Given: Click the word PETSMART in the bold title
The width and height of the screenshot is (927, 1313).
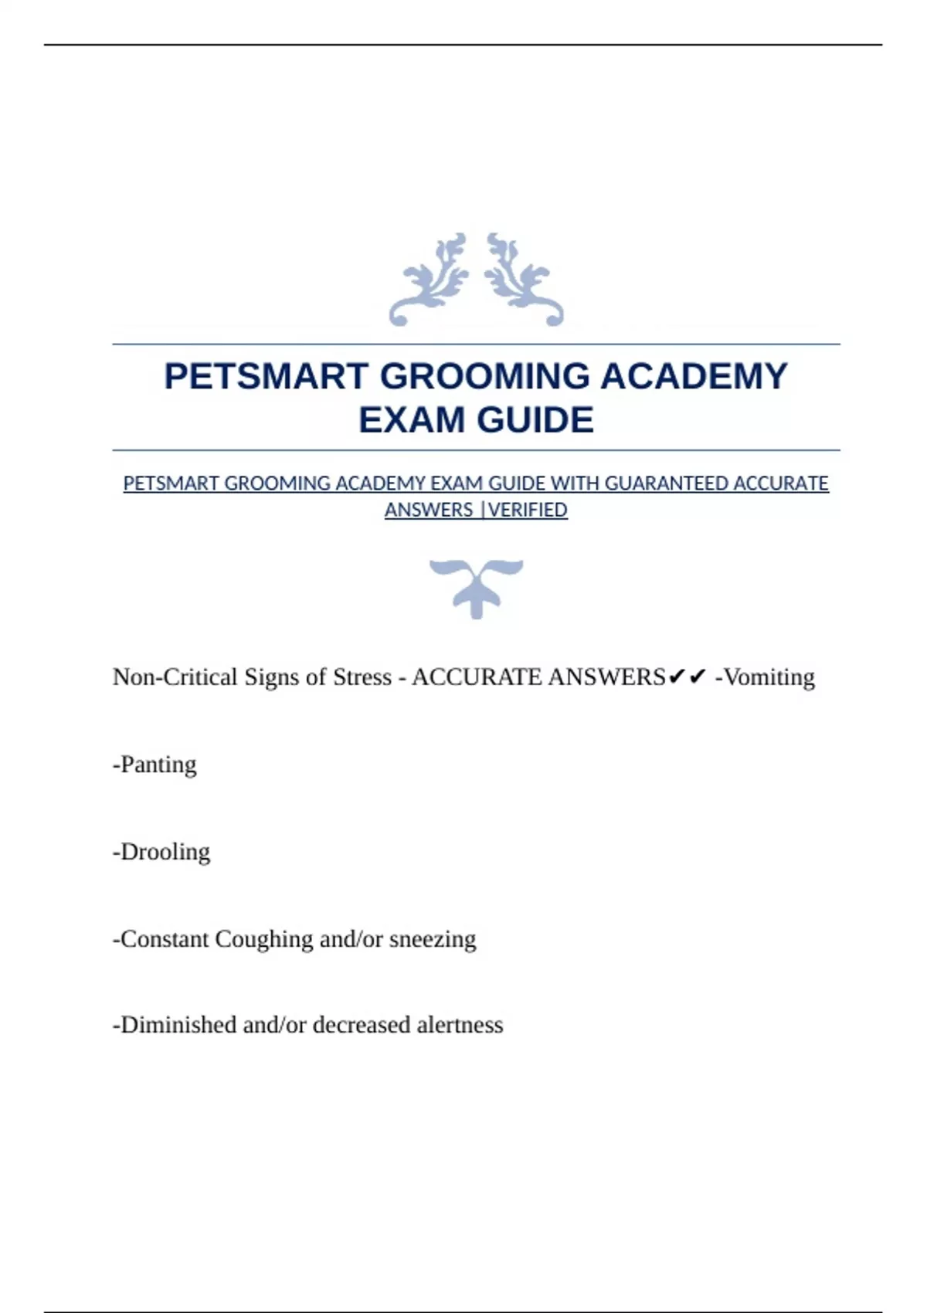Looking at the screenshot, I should coord(265,377).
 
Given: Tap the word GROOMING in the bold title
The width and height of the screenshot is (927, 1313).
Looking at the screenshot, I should coord(484,377).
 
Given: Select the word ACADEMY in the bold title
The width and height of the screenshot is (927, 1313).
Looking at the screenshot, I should coord(694,377).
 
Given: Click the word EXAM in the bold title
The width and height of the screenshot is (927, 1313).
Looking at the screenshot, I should coord(412,420).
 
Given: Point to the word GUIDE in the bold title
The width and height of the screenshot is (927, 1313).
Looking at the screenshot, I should coord(535,420).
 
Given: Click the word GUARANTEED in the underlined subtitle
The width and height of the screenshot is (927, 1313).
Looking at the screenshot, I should coord(666,483).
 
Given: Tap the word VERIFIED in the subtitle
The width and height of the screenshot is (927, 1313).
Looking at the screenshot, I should coord(528,511).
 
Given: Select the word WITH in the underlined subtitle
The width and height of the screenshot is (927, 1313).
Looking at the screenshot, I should coord(575,483).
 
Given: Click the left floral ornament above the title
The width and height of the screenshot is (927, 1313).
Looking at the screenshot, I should coord(430,280).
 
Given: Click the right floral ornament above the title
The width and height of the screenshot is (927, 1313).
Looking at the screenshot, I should coord(523,280).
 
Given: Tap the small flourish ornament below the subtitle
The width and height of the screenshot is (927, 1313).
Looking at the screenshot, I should coord(476,588).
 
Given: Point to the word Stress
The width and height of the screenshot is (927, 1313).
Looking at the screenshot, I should coord(362,677).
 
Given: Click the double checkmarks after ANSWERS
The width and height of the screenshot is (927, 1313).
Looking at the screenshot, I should coord(688,677).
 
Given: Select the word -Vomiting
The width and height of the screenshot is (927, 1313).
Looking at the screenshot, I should coord(765,677).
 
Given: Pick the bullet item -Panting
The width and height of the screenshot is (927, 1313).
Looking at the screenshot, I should coord(154,765).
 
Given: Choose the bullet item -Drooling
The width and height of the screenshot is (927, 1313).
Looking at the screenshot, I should coord(161,852).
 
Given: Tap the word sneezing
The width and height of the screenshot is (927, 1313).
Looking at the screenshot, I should coord(433,939).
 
